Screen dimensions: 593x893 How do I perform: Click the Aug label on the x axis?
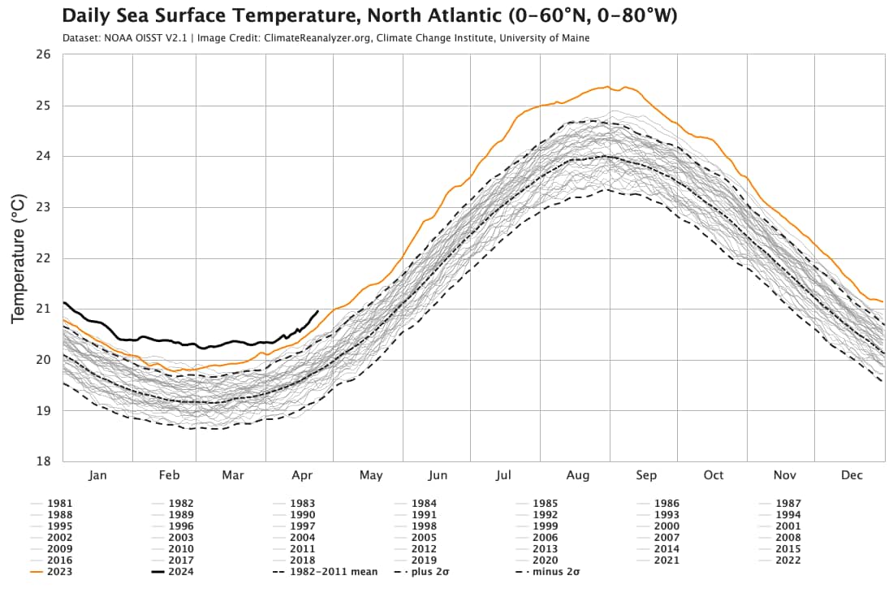[578, 475]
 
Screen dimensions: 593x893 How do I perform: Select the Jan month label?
[97, 475]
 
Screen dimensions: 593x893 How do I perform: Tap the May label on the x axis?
[371, 475]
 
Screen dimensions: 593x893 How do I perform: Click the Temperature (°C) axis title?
[19, 258]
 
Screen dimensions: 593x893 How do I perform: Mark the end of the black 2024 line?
[317, 310]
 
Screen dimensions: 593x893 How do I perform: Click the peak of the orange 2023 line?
[606, 86]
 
